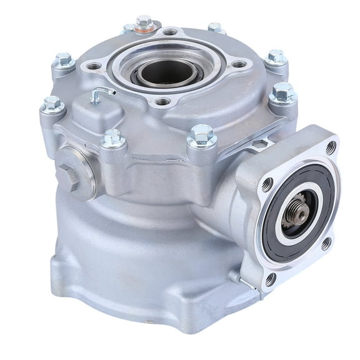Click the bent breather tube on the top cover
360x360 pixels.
(x=99, y=94)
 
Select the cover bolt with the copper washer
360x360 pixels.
(x=144, y=24)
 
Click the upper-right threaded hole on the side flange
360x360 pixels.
(x=331, y=148)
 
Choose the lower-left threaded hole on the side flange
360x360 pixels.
(x=270, y=279)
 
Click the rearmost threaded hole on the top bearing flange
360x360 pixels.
(x=169, y=32)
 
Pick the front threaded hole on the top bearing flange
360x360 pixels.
(x=162, y=102)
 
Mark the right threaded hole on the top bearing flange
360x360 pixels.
(x=239, y=64)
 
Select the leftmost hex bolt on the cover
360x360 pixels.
(x=52, y=104)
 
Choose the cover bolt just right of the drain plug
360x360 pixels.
(x=112, y=138)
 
